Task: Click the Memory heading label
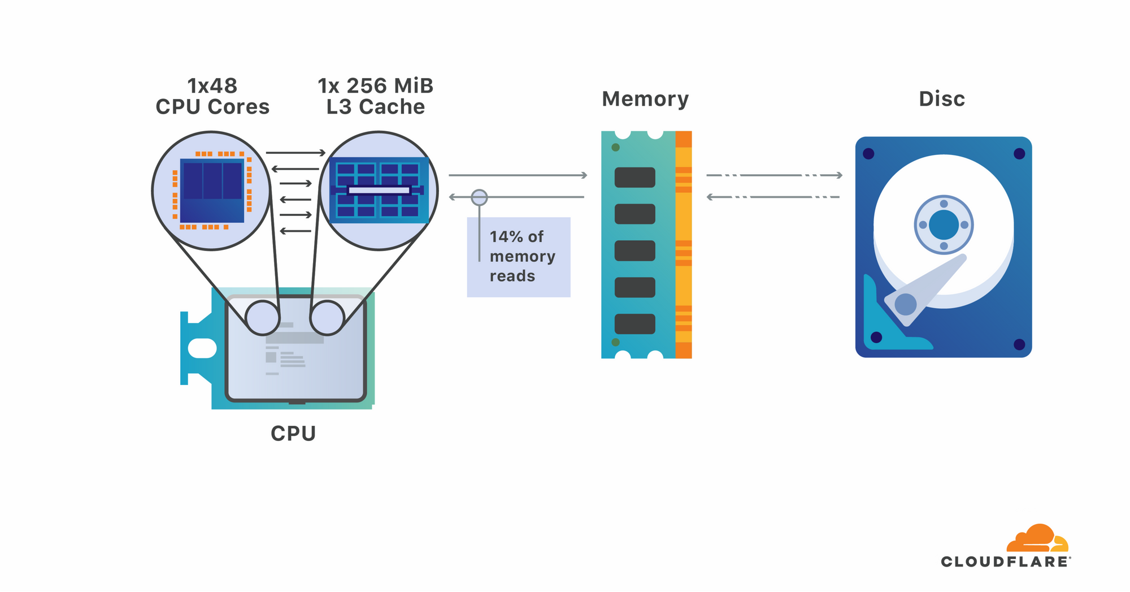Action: (645, 99)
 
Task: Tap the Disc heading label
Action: (942, 99)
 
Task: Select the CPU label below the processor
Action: (293, 434)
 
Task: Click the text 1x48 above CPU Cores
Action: (212, 86)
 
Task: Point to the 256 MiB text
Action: (390, 86)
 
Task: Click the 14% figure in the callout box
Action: (506, 236)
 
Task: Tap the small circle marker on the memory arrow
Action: (479, 197)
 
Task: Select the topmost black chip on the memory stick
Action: (634, 178)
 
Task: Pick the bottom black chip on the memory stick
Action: (634, 324)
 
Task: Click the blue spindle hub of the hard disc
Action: (943, 225)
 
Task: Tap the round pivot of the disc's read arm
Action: (905, 304)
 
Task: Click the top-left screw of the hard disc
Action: (868, 154)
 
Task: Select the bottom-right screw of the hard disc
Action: (1019, 344)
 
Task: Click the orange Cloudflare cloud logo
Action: (1037, 539)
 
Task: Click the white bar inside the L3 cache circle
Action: (379, 190)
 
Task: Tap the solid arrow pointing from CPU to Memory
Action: (518, 175)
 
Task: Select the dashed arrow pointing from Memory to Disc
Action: (774, 175)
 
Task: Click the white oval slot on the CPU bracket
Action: (202, 348)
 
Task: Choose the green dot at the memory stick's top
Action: (615, 148)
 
